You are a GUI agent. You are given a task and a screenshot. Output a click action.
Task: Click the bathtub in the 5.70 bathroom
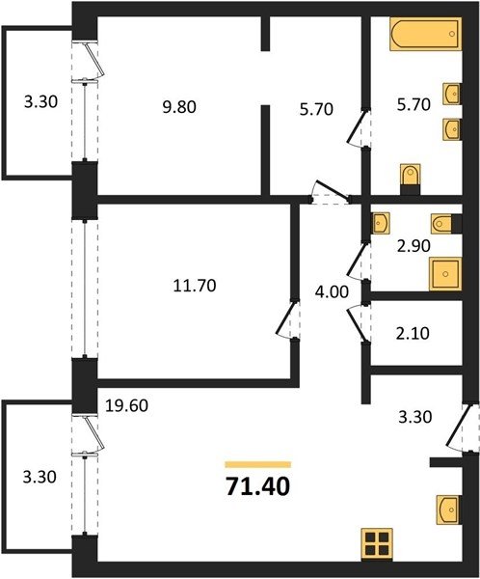[x=425, y=34]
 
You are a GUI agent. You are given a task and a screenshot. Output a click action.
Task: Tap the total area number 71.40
[x=258, y=486]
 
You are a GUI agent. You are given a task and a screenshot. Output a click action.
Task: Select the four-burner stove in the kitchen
[x=377, y=544]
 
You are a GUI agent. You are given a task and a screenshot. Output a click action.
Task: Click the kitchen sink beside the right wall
[x=448, y=510]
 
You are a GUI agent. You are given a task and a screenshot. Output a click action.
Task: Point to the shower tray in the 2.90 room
[x=445, y=274]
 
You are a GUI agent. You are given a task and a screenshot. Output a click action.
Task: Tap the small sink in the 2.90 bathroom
[x=381, y=223]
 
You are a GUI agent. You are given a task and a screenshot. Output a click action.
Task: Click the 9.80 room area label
[x=179, y=107]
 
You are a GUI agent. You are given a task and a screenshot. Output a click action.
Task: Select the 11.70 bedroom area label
[x=195, y=286]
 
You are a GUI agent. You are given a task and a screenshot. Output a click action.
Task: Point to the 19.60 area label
[x=126, y=406]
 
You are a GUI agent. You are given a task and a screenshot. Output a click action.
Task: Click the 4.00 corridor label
[x=332, y=292]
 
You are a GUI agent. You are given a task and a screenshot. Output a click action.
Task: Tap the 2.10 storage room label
[x=413, y=334]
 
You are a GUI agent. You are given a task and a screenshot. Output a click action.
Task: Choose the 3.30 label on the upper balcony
[x=40, y=101]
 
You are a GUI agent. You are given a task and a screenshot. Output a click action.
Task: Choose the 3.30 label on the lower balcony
[x=40, y=477]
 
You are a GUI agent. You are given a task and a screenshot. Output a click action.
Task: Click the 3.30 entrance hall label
[x=415, y=417]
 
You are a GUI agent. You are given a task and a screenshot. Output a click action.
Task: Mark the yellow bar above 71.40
[x=258, y=464]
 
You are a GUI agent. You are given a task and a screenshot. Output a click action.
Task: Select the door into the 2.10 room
[x=357, y=322]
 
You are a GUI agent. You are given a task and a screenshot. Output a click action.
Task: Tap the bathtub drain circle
[x=452, y=34]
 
